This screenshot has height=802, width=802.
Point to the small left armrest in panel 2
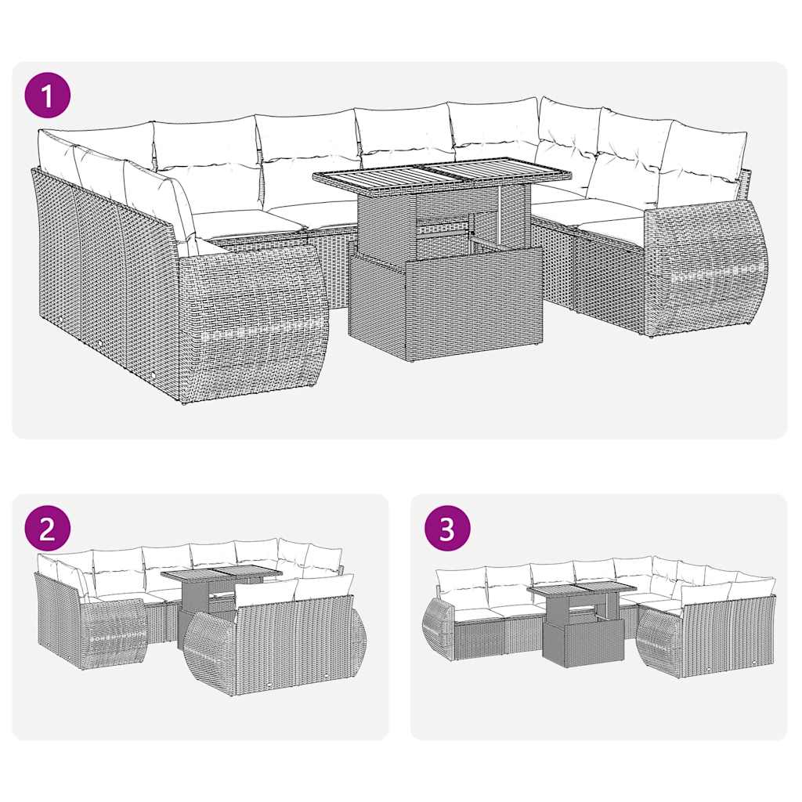coord(114,631)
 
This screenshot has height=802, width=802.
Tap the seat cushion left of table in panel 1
coord(247,222)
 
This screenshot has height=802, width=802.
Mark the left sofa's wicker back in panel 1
coord(102,274)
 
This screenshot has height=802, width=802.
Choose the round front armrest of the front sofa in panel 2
coord(210,654)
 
